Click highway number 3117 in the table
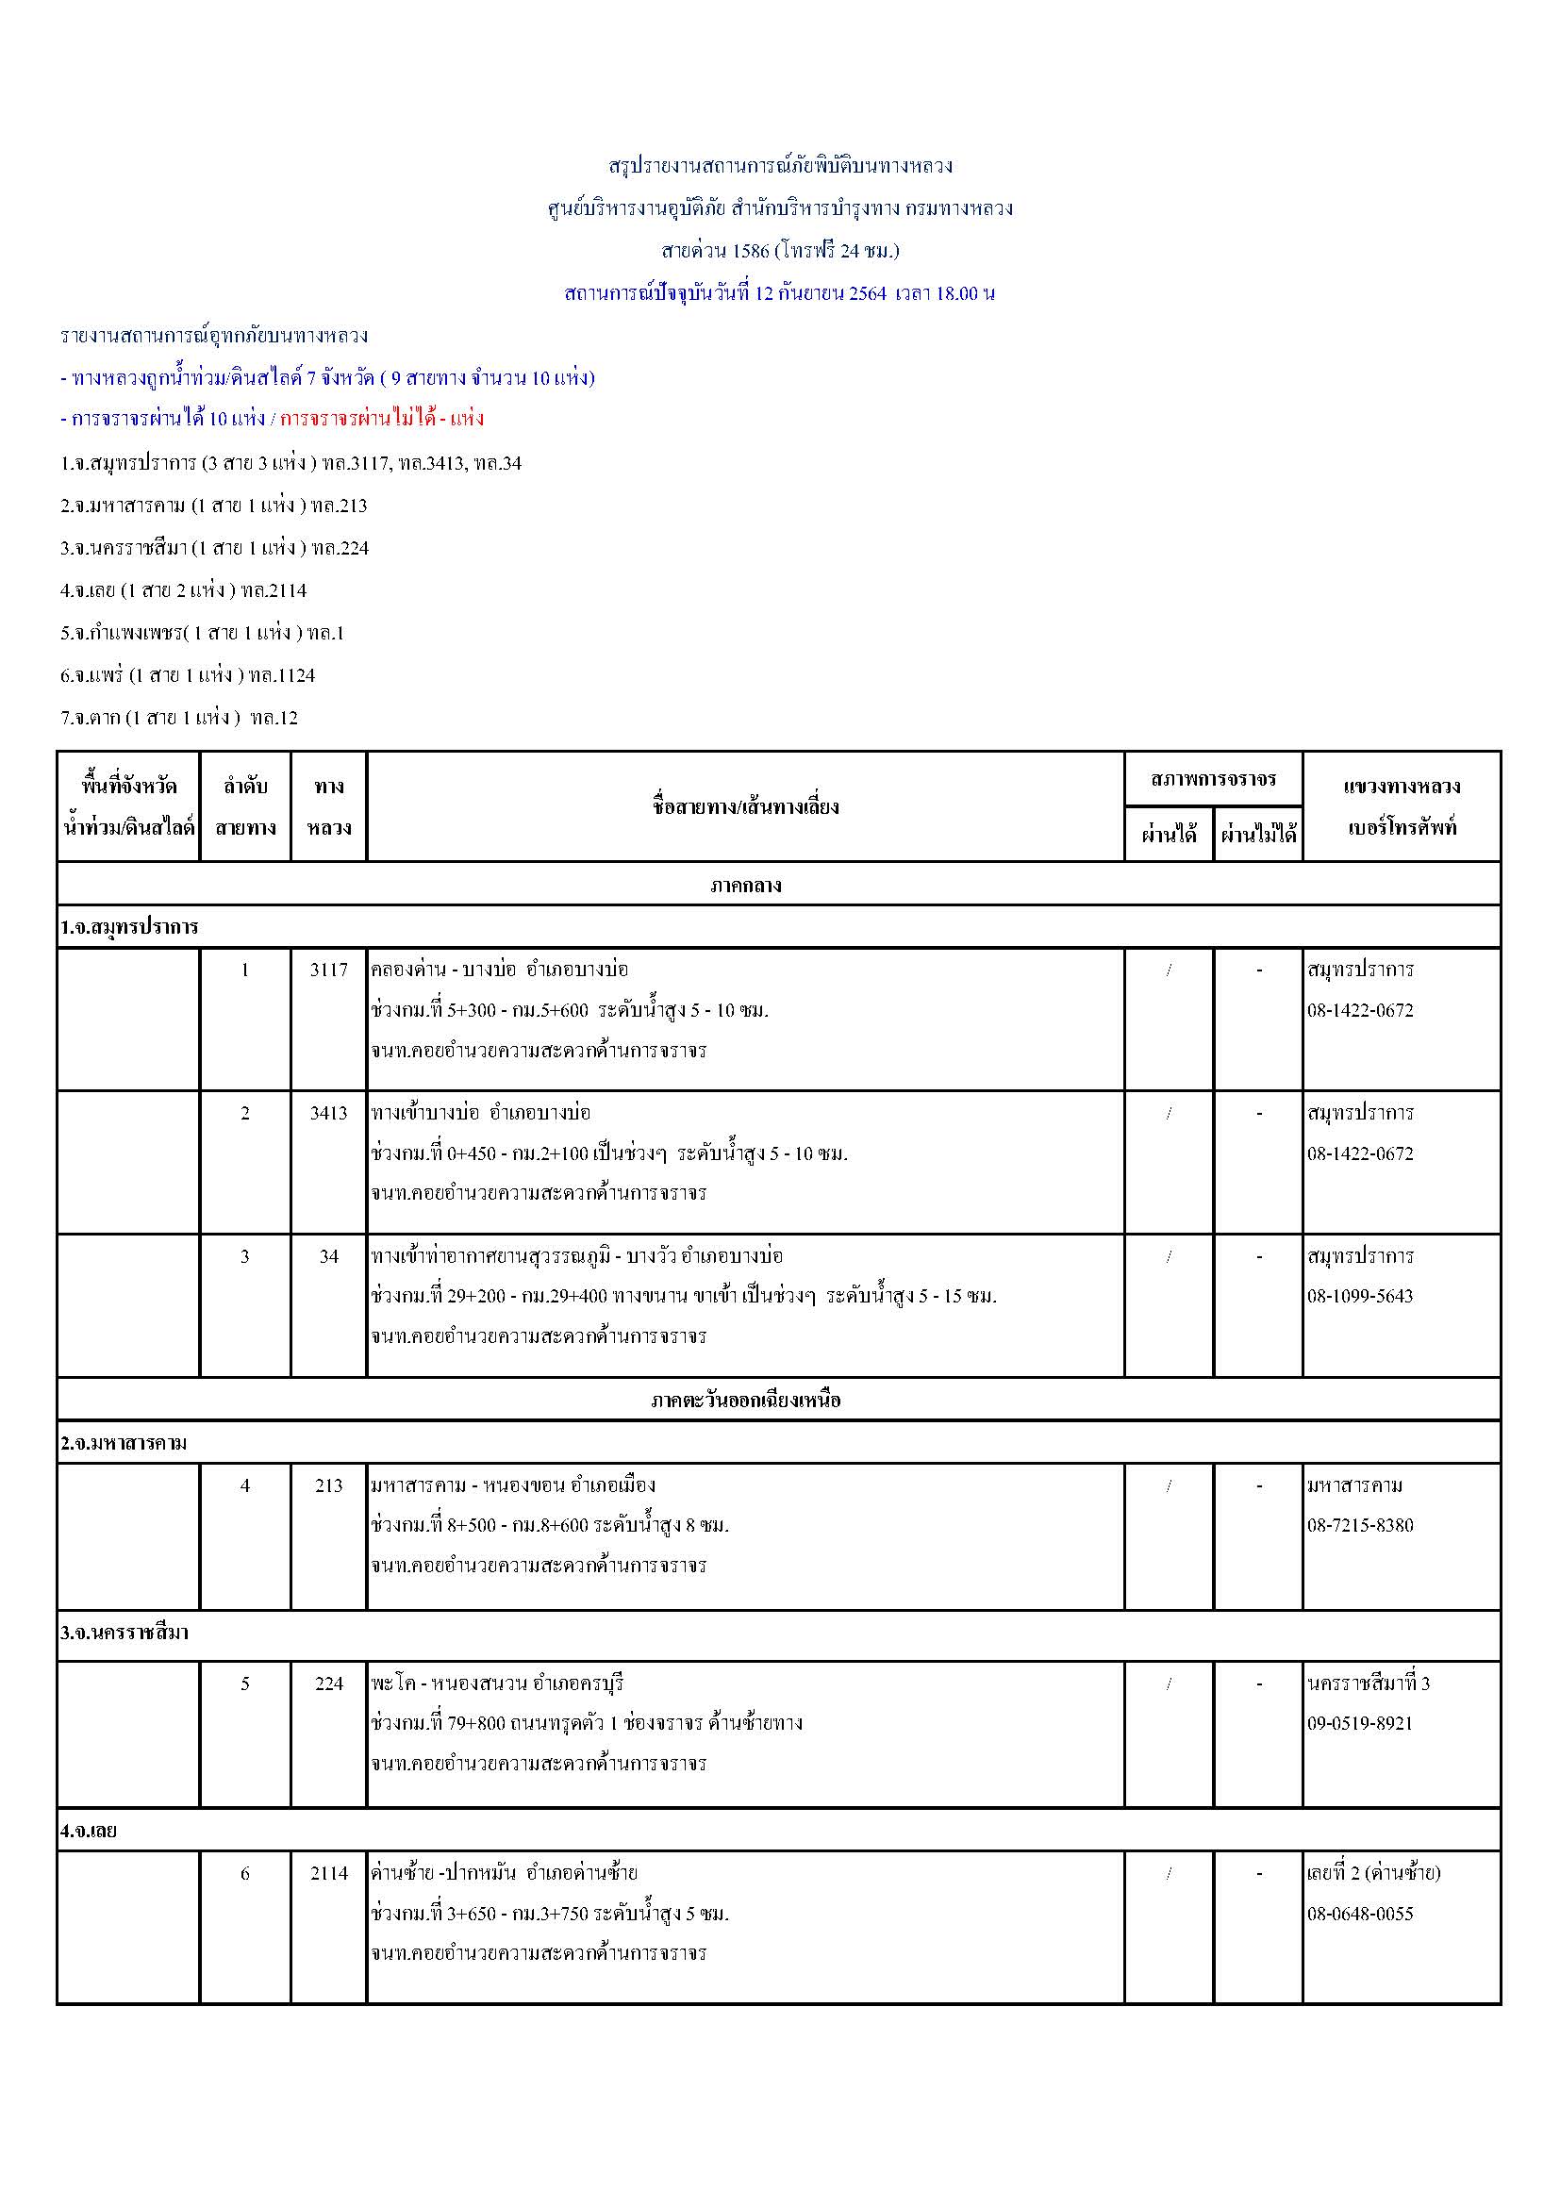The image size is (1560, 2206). [328, 970]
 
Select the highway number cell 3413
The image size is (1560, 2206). [328, 1113]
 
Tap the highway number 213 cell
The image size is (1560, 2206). [328, 1485]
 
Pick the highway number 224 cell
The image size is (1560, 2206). [328, 1684]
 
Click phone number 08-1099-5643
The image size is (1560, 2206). [1360, 1296]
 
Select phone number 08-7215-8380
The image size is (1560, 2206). [1360, 1525]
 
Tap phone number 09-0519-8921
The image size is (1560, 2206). [1360, 1723]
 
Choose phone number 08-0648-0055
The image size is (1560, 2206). [1360, 1913]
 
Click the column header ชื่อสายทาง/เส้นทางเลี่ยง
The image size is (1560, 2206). [745, 806]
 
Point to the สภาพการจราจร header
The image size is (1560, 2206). [1213, 779]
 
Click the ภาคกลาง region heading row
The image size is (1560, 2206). [745, 885]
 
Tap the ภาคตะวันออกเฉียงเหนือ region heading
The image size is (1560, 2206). [745, 1400]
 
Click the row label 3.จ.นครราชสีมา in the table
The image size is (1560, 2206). [124, 1633]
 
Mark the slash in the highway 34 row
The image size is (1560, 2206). [1169, 1255]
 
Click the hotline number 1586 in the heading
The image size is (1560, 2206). [750, 251]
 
